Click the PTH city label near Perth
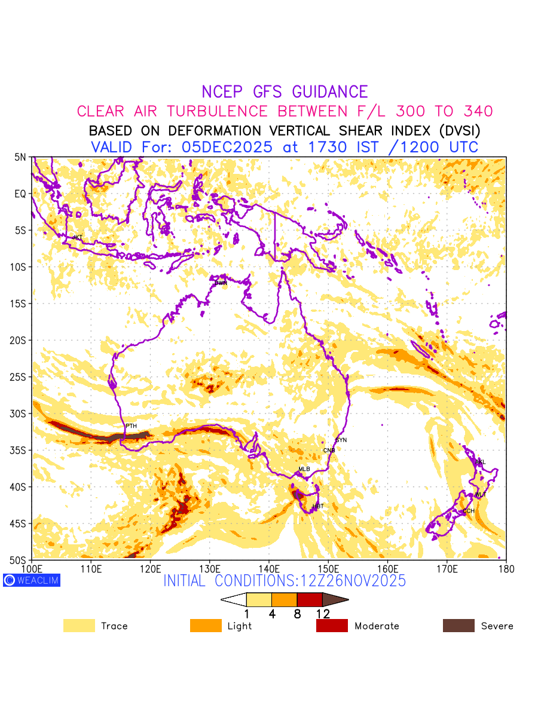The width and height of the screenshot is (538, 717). tap(131, 426)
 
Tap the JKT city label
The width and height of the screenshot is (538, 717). tap(77, 238)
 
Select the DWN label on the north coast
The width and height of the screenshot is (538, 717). tap(221, 283)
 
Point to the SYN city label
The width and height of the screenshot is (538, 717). tap(341, 440)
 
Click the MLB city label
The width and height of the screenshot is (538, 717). tap(304, 469)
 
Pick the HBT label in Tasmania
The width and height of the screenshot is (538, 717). tap(318, 507)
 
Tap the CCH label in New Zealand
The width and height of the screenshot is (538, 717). tap(469, 511)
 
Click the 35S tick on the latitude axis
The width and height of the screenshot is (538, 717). tap(20, 451)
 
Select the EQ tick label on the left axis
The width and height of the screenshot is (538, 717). tap(21, 194)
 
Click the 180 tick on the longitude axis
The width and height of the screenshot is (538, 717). tap(506, 569)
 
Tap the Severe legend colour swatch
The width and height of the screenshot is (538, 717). tap(458, 626)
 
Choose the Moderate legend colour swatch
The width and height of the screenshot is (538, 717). tap(332, 626)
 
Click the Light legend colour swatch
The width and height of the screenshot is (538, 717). tap(205, 626)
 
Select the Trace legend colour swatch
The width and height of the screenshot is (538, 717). tap(79, 626)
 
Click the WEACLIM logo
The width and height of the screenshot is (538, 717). tap(31, 580)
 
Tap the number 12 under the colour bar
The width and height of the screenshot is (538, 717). tap(323, 614)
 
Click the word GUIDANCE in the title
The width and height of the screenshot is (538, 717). tap(329, 92)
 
